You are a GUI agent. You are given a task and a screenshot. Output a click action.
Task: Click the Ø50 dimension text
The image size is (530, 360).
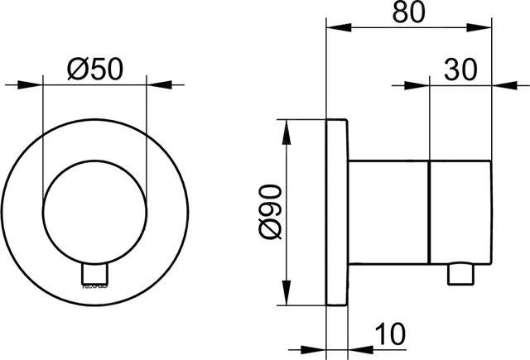click(94, 70)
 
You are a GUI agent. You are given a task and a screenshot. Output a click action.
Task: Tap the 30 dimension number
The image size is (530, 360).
click(460, 70)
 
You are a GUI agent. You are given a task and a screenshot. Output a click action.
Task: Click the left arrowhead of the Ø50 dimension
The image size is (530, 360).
click(33, 84)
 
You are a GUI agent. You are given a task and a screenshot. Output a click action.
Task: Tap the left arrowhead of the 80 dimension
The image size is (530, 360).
click(335, 28)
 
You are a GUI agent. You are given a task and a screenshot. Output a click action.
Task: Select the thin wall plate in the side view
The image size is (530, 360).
click(337, 213)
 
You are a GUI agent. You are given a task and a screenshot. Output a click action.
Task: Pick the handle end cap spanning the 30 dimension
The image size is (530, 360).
click(460, 213)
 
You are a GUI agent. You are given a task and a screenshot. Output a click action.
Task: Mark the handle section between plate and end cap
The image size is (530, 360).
click(389, 213)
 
